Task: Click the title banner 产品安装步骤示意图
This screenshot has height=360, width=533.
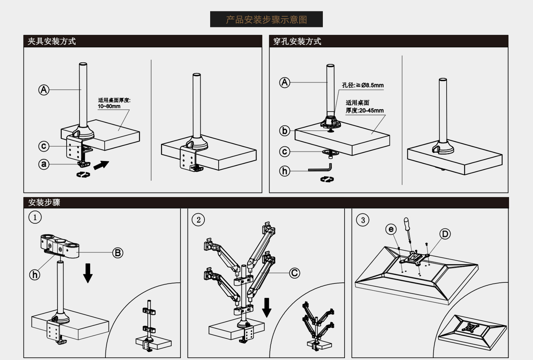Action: pyautogui.click(x=266, y=19)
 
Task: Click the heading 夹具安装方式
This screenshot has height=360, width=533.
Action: pyautogui.click(x=51, y=41)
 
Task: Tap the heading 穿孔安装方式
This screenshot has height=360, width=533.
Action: pyautogui.click(x=297, y=41)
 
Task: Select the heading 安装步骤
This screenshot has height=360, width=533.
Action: pyautogui.click(x=44, y=202)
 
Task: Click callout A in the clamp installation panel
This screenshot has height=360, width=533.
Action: pyautogui.click(x=44, y=90)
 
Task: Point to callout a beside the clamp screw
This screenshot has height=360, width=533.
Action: pyautogui.click(x=44, y=164)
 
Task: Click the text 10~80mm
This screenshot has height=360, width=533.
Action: pyautogui.click(x=109, y=107)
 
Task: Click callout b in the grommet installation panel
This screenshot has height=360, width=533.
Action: pyautogui.click(x=284, y=131)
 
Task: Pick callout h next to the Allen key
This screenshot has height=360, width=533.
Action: pyautogui.click(x=284, y=171)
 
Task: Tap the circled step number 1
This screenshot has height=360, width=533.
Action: pyautogui.click(x=35, y=217)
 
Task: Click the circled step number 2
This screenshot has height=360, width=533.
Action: pyautogui.click(x=198, y=220)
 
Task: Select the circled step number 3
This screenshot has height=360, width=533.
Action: pyautogui.click(x=362, y=220)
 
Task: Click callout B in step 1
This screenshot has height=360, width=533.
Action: pyautogui.click(x=118, y=253)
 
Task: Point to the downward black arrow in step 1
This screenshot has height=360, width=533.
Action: pyautogui.click(x=88, y=273)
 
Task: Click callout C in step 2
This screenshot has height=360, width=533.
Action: pyautogui.click(x=294, y=273)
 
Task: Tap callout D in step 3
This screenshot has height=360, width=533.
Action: pyautogui.click(x=445, y=234)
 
